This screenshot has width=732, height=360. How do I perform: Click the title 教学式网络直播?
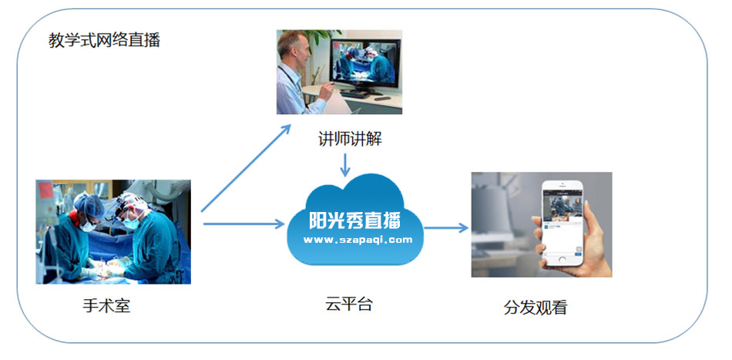click(105, 41)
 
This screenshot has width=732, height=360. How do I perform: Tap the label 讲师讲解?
click(350, 139)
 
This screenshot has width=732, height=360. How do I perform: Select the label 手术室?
click(106, 306)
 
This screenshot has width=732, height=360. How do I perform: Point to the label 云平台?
click(349, 304)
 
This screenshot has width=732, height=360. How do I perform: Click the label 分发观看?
click(536, 308)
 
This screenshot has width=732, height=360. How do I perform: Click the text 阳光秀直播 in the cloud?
click(354, 220)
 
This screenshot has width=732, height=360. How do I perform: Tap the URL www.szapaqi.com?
click(358, 240)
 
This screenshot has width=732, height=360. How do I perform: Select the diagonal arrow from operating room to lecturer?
click(246, 168)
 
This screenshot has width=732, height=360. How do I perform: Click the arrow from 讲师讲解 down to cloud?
click(345, 165)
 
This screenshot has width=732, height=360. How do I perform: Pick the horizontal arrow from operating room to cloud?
click(244, 224)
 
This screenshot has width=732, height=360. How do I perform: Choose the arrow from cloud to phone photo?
click(446, 228)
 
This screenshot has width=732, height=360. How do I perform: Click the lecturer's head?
click(294, 48)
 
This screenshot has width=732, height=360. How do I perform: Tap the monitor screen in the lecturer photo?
click(365, 63)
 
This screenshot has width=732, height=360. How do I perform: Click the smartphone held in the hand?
click(562, 222)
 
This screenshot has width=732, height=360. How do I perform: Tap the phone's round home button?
click(562, 259)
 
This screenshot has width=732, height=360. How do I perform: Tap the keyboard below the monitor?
click(354, 94)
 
